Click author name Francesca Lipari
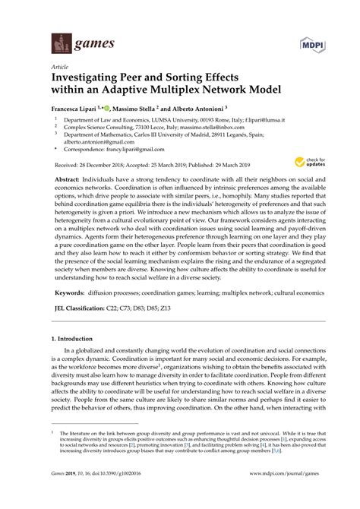(76, 107)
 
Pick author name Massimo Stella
(139, 107)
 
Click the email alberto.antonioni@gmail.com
(99, 141)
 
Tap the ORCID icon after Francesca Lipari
(115, 107)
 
